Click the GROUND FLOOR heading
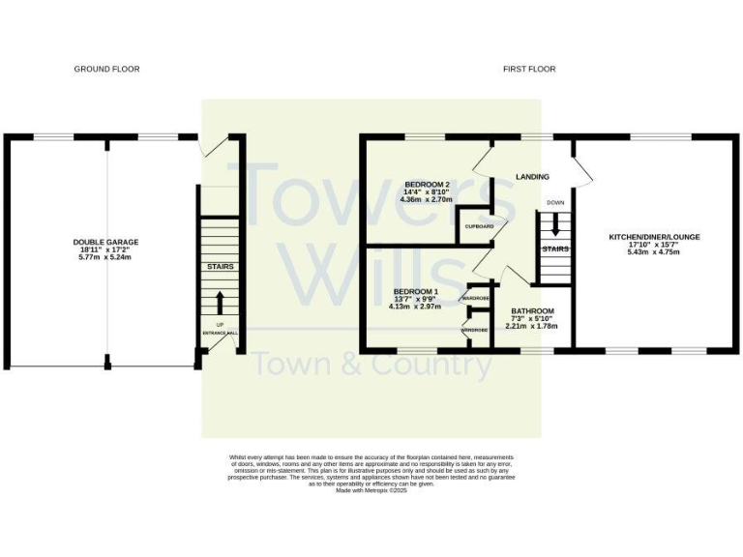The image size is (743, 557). click(106, 70)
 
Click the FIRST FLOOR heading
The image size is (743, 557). click(529, 70)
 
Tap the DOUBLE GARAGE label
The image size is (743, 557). click(105, 242)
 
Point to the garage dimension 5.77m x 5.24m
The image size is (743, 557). click(105, 258)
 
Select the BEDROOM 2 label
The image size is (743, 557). click(427, 184)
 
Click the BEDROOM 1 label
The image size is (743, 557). click(415, 291)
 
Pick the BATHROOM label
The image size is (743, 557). click(532, 311)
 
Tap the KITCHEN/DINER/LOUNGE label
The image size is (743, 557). click(654, 237)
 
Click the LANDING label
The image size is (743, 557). click(532, 177)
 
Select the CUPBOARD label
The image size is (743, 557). click(480, 226)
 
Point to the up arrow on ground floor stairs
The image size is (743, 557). click(220, 302)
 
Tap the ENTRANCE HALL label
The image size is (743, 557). click(220, 334)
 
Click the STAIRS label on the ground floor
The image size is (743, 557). click(220, 267)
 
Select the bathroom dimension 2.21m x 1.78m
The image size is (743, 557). click(532, 326)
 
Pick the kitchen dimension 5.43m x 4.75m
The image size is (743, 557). click(654, 252)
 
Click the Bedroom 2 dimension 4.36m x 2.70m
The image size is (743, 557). click(427, 199)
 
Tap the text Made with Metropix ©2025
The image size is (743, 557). click(371, 490)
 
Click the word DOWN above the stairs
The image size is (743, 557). click(554, 203)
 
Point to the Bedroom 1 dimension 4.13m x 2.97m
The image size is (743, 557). click(415, 307)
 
